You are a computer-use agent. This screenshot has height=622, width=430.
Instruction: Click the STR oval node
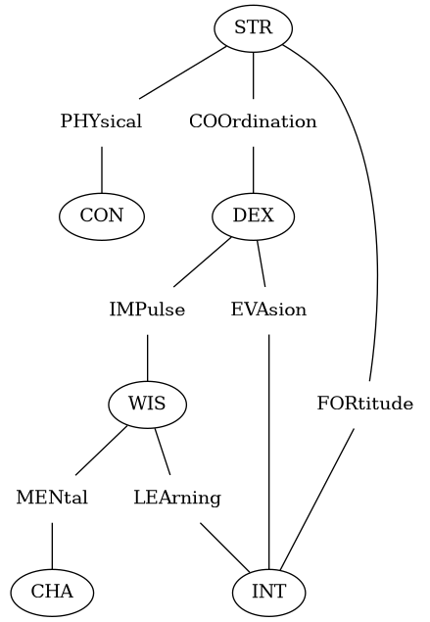click(x=254, y=28)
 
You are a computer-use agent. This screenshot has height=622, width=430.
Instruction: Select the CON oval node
click(x=102, y=216)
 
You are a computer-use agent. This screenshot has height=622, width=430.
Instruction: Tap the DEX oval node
click(x=254, y=216)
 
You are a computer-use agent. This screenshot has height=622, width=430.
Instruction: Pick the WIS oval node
click(x=147, y=405)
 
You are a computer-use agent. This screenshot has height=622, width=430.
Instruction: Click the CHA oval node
click(x=52, y=593)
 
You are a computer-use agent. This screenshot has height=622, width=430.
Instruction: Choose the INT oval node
click(x=269, y=593)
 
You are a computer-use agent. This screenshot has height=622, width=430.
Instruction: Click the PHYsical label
click(x=101, y=121)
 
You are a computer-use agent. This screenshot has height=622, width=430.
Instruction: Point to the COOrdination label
click(x=253, y=121)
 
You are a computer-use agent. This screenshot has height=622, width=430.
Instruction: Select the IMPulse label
click(x=147, y=310)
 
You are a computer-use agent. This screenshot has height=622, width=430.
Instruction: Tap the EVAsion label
click(x=269, y=310)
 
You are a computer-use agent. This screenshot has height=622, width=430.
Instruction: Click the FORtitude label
click(x=365, y=404)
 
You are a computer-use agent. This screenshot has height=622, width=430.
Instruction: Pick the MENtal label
click(x=52, y=498)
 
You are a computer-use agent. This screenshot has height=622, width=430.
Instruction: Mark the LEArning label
click(x=177, y=498)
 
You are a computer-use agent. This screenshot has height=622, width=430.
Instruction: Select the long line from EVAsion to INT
click(x=269, y=452)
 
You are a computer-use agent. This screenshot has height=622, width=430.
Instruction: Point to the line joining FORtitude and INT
click(x=317, y=500)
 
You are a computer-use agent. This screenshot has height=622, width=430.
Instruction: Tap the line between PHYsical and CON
click(x=102, y=170)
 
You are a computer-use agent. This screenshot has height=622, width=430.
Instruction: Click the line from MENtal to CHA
click(x=52, y=546)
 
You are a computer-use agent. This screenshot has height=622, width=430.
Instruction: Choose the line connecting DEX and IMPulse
click(x=203, y=262)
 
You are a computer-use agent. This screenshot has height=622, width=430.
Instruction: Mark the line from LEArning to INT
click(x=225, y=548)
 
